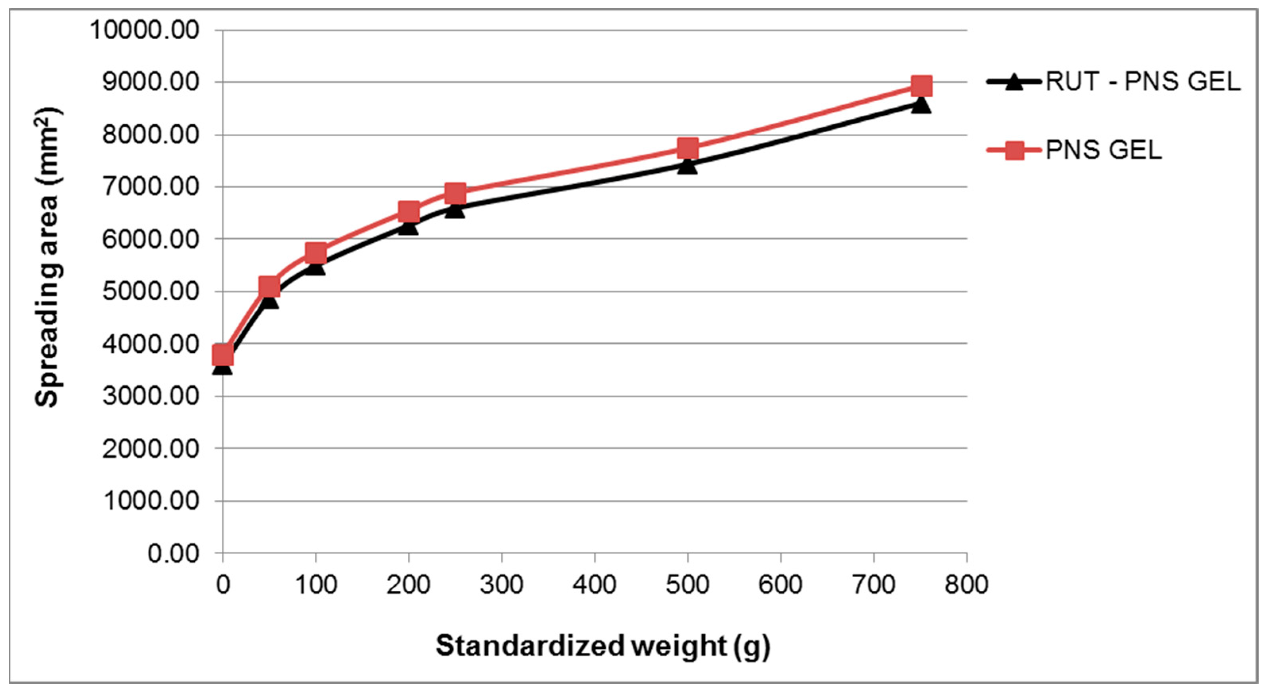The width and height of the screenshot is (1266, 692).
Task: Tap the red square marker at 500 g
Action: (x=687, y=148)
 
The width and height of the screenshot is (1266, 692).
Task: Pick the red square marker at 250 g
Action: (x=455, y=193)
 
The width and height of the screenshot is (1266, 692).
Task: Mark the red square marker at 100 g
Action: (x=316, y=253)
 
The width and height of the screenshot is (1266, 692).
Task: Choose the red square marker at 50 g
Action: (x=269, y=286)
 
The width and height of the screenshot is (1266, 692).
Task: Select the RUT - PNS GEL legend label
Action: (x=1143, y=81)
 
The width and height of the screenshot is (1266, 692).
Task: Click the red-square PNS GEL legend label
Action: (x=1104, y=150)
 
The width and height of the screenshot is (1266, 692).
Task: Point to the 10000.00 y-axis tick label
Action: (x=145, y=31)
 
